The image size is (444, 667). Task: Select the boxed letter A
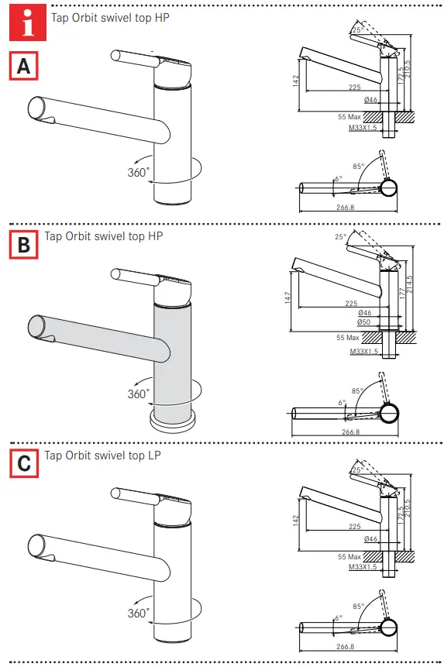click(24, 66)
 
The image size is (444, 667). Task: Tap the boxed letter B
click(24, 246)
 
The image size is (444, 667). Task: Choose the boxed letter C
click(24, 462)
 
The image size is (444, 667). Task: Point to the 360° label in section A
click(138, 173)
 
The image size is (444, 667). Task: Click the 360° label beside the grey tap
click(138, 394)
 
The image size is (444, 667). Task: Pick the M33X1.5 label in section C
click(364, 568)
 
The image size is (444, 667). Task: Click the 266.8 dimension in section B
click(350, 431)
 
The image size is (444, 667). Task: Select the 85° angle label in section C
click(357, 607)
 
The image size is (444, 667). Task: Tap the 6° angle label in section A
click(338, 179)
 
